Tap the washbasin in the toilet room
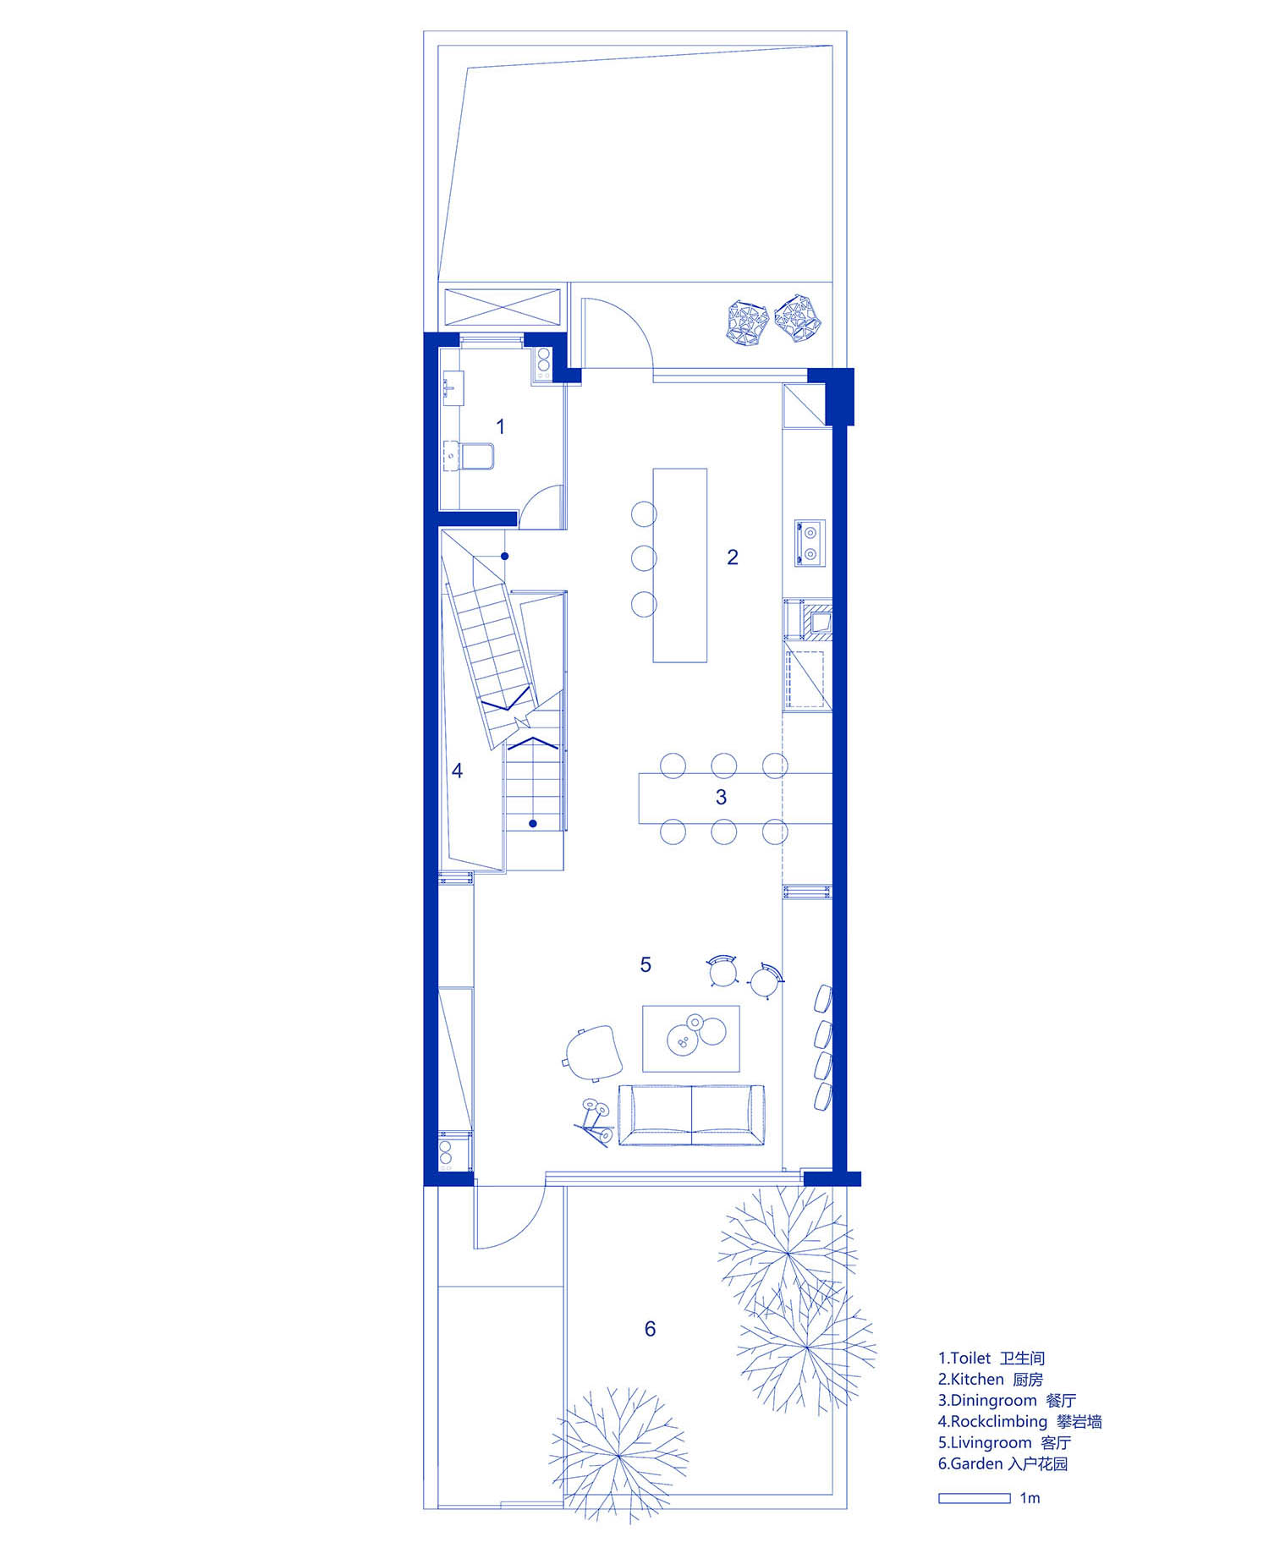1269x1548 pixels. (x=451, y=388)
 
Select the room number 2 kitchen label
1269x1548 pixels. (x=733, y=557)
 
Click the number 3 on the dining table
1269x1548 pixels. (x=721, y=797)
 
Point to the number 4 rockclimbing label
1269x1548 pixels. (x=457, y=771)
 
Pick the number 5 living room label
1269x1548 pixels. (x=645, y=964)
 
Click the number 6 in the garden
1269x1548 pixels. (x=650, y=1329)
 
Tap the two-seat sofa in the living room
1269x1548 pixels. (x=692, y=1115)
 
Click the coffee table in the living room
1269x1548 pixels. (x=691, y=1038)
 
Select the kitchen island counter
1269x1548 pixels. (x=679, y=565)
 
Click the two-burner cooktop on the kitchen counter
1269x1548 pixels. (x=810, y=543)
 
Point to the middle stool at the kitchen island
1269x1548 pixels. (x=644, y=558)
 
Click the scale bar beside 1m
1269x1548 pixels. (x=974, y=1498)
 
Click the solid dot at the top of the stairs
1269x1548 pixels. (x=504, y=556)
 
